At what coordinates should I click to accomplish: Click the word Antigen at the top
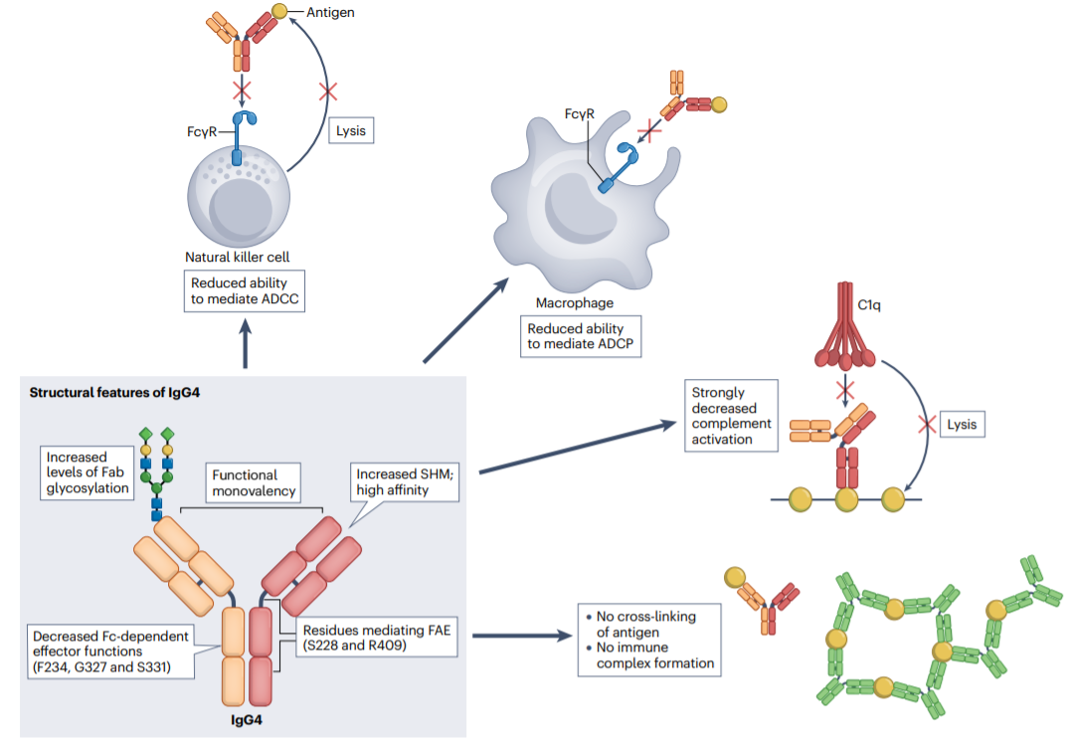(331, 12)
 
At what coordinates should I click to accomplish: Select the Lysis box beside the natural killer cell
(351, 129)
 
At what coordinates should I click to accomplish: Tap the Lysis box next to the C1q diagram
(961, 424)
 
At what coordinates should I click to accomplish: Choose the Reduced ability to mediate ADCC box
(244, 290)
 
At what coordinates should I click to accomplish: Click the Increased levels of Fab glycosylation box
(87, 472)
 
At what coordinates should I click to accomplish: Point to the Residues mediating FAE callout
(365, 638)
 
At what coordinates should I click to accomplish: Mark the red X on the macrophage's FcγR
(649, 129)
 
